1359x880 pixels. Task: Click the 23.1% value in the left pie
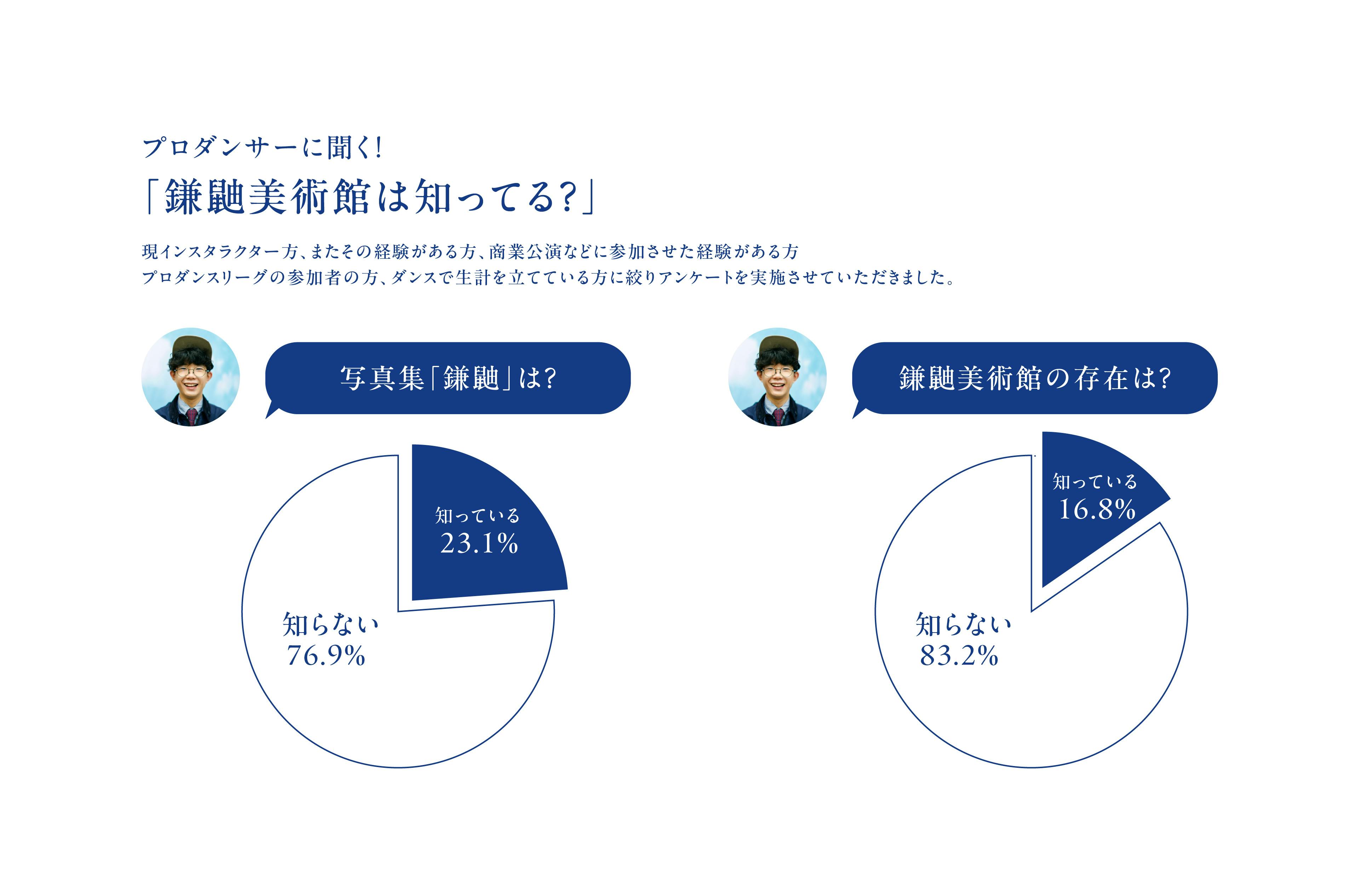pyautogui.click(x=478, y=543)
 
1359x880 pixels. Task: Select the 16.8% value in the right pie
pyautogui.click(x=1096, y=509)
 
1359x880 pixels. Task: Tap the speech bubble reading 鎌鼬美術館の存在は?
pyautogui.click(x=1035, y=378)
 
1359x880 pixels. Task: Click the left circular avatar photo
pyautogui.click(x=191, y=377)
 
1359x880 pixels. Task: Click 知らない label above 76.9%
pyautogui.click(x=331, y=624)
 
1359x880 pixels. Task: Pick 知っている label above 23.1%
pyautogui.click(x=477, y=516)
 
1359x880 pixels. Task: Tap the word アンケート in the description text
pyautogui.click(x=696, y=278)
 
